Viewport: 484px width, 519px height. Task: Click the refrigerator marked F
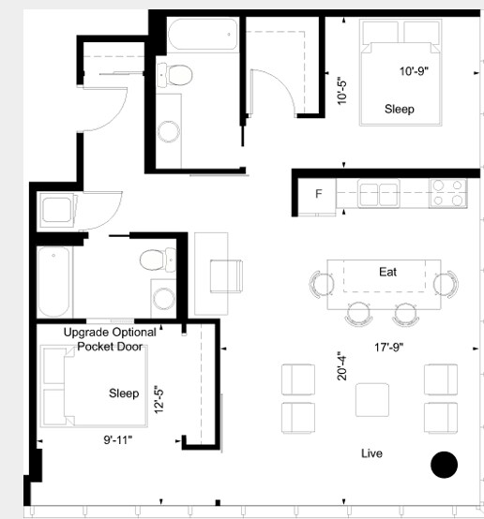tap(317, 194)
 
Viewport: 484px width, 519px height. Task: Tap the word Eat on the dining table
tap(388, 272)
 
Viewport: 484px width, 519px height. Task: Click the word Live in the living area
tap(371, 453)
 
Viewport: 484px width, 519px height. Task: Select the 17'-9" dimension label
tap(389, 348)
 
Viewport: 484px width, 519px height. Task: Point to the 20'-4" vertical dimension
tap(341, 365)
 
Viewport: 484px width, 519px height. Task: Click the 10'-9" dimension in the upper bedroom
tap(414, 71)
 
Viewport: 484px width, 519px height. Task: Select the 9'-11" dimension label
tap(118, 440)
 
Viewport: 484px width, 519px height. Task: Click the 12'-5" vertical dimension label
tap(159, 399)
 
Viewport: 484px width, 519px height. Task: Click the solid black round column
tap(445, 465)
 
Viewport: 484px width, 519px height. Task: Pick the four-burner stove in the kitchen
tap(447, 194)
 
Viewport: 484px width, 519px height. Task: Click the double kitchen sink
tap(379, 194)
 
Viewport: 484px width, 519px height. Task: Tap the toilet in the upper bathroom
tap(174, 75)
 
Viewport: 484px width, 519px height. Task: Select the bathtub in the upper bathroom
tap(203, 35)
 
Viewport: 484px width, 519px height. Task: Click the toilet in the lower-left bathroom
tap(159, 259)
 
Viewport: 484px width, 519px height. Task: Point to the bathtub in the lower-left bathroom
tap(54, 282)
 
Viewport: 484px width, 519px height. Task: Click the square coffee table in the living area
tap(372, 400)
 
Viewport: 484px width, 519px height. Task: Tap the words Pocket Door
tap(110, 347)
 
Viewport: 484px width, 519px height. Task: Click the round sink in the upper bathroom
tap(169, 131)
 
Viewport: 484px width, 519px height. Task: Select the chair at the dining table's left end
tap(321, 284)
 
